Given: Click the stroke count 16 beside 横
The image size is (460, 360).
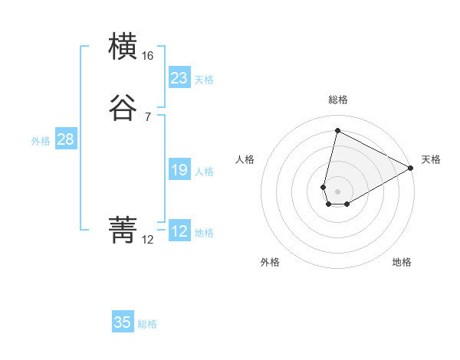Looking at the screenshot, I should click(x=148, y=56).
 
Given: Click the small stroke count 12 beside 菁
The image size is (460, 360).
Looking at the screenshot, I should click(x=148, y=239).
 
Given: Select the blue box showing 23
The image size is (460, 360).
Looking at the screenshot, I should click(x=179, y=78).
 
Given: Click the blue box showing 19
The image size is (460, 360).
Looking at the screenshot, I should click(x=179, y=170).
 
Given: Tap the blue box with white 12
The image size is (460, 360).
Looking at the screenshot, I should click(x=179, y=231).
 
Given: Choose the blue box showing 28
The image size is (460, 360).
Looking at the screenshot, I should click(x=66, y=139).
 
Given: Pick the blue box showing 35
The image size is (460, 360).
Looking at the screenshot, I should click(x=123, y=322).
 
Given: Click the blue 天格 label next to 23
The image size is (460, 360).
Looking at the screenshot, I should click(x=204, y=80).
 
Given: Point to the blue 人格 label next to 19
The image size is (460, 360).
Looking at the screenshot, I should click(x=204, y=172).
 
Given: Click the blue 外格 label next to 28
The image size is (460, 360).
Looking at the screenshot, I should click(x=40, y=141).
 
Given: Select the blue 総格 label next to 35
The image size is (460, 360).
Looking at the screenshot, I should click(x=147, y=324).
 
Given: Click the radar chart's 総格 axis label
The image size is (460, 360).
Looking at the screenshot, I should click(x=337, y=100).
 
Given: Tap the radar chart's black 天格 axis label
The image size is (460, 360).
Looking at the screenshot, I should click(x=431, y=159).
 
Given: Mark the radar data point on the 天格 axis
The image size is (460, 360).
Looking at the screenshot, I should click(x=412, y=169).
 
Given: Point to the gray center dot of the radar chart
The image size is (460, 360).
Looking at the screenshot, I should click(x=337, y=191).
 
